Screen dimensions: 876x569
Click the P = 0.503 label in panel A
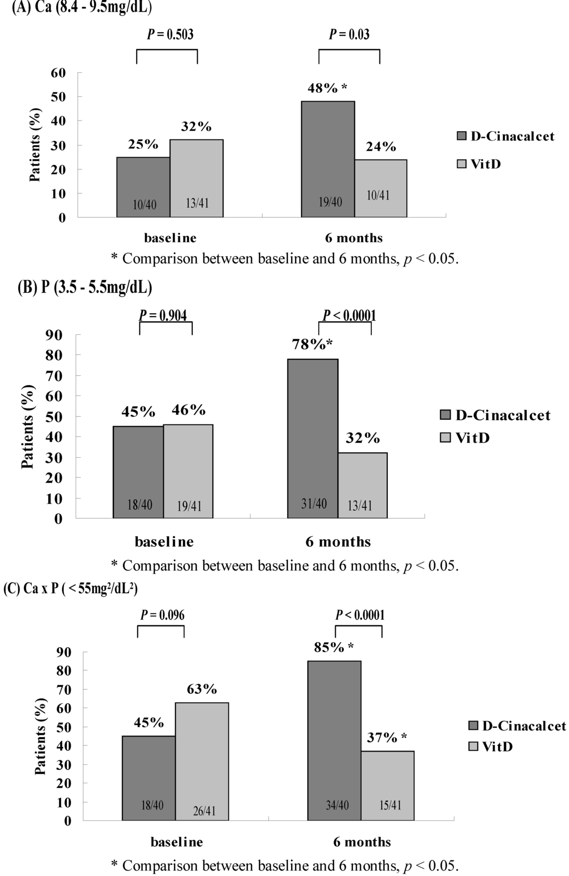click(x=170, y=34)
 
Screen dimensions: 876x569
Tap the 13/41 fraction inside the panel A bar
click(x=197, y=203)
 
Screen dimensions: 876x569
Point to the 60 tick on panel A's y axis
click(x=58, y=73)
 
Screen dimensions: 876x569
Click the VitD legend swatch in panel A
click(x=461, y=164)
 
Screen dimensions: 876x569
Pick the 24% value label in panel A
click(x=381, y=147)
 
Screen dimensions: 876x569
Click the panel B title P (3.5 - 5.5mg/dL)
click(x=85, y=288)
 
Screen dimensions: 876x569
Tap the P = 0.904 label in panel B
click(x=163, y=316)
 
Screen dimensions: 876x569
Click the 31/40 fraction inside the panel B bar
click(x=314, y=504)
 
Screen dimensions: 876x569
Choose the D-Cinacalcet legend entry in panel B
click(x=495, y=416)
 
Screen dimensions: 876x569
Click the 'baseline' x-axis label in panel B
click(x=164, y=542)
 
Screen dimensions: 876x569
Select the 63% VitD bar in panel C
click(x=202, y=761)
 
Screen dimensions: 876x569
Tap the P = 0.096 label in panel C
click(x=162, y=615)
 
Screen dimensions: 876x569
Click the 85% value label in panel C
click(x=329, y=647)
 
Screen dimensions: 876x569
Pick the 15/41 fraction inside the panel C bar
click(x=390, y=805)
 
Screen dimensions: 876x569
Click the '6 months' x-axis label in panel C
click(x=362, y=842)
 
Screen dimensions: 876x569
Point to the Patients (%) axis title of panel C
click(x=41, y=736)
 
